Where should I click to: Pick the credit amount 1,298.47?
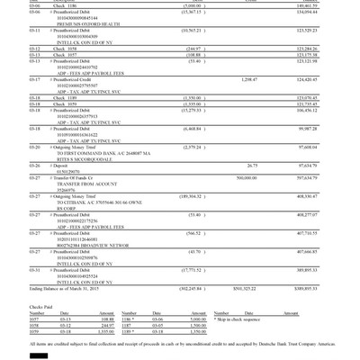[x=248, y=79]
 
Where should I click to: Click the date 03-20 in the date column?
[x=34, y=147]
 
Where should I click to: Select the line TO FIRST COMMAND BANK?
[x=89, y=153]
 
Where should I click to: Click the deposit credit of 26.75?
[x=252, y=166]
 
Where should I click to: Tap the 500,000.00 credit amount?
[x=246, y=178]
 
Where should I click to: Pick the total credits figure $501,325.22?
[x=245, y=289]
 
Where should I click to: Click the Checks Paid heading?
[x=42, y=306]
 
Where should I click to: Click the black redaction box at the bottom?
[x=39, y=355]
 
